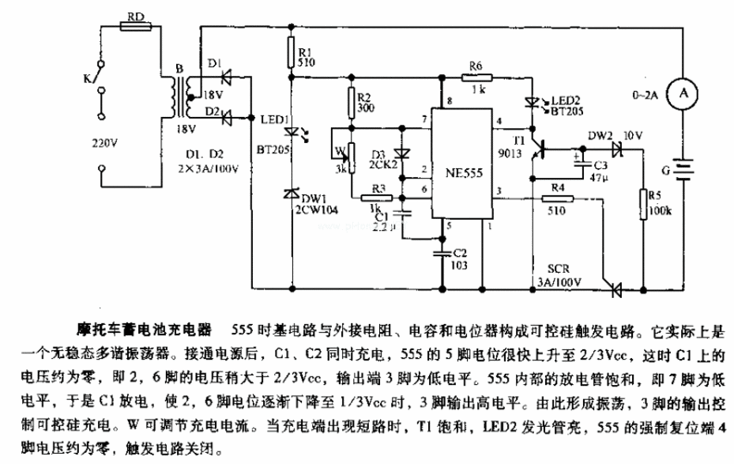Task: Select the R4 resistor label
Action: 555,187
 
